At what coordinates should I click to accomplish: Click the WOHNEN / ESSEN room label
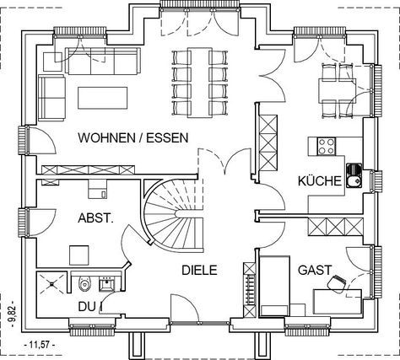click(133, 138)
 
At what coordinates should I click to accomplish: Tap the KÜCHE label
click(320, 180)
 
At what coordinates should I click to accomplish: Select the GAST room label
click(315, 270)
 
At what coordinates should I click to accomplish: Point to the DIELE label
click(199, 270)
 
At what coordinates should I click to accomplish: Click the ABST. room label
click(95, 218)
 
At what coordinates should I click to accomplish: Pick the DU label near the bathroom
click(87, 307)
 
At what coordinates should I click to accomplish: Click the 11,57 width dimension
click(39, 345)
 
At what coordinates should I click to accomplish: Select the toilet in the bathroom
click(84, 284)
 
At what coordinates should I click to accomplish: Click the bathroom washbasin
click(107, 284)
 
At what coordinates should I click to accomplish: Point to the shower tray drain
click(52, 284)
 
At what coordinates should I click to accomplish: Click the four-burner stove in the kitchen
click(327, 146)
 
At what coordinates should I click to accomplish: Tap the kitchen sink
click(354, 175)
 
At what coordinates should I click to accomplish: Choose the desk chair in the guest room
click(337, 283)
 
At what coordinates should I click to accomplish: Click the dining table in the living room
click(200, 83)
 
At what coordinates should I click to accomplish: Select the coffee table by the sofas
click(103, 98)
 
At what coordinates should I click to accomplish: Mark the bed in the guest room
click(275, 286)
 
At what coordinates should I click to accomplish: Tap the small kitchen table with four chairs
click(338, 89)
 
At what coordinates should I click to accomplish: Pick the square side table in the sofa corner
click(52, 62)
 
